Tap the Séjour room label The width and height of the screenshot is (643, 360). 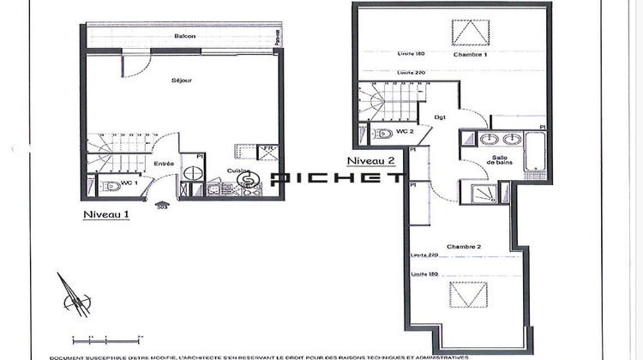click(x=181, y=80)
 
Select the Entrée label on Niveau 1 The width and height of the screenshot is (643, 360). click(x=164, y=164)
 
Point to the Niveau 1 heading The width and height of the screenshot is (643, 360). click(x=105, y=214)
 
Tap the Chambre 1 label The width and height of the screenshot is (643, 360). click(x=470, y=54)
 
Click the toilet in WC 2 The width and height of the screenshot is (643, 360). click(x=381, y=134)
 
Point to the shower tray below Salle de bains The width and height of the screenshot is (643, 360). click(x=478, y=195)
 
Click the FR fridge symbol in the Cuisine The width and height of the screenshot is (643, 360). click(x=267, y=152)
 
